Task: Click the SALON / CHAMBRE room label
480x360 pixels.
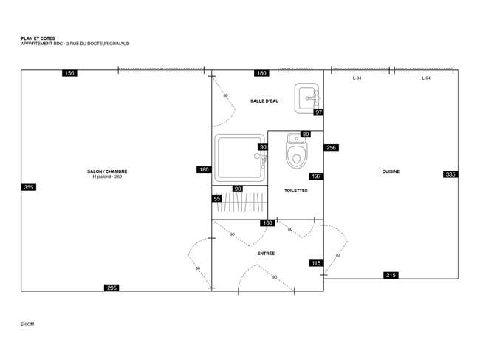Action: (107, 171)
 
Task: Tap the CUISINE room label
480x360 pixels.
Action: (391, 171)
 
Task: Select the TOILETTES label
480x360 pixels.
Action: (295, 190)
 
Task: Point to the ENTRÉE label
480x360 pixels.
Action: (266, 254)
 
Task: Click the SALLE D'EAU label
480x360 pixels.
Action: (264, 101)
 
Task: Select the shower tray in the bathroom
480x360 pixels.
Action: (240, 158)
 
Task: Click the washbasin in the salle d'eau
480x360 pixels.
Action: (307, 98)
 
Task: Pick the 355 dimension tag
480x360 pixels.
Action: (29, 187)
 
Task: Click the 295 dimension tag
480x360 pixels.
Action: (112, 288)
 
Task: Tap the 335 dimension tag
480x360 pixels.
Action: (450, 174)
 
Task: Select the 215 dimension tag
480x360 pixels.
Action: (391, 275)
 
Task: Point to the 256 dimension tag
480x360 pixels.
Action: (332, 147)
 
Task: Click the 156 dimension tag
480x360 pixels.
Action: (69, 73)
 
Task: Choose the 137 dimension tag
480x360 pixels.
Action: (316, 176)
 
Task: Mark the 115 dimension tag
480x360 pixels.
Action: (316, 263)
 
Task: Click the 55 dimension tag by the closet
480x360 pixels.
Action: (217, 199)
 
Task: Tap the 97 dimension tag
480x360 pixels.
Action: (319, 112)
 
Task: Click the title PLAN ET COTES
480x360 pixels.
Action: (38, 38)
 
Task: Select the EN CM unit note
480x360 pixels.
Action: (27, 324)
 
